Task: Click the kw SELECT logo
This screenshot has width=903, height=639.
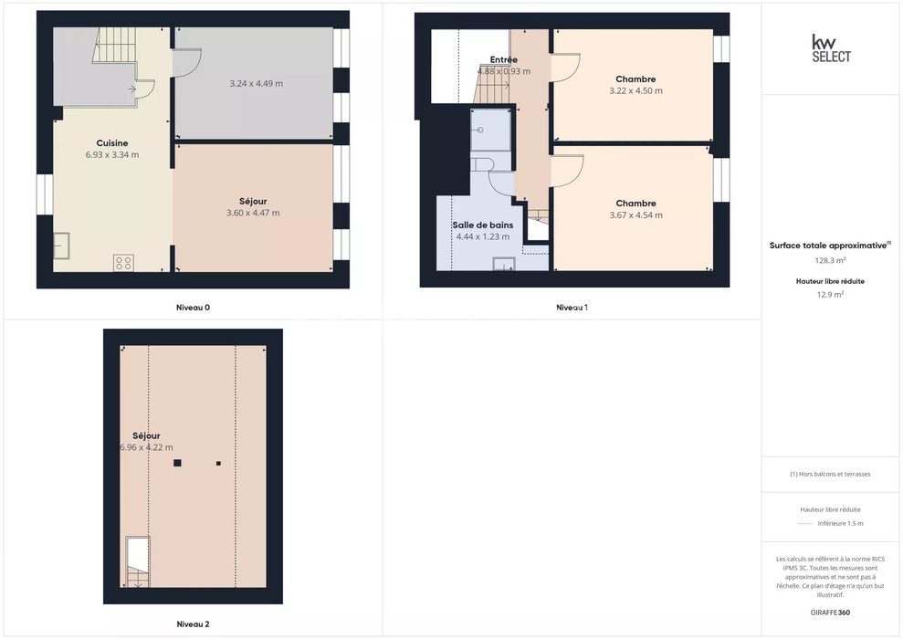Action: pos(831,48)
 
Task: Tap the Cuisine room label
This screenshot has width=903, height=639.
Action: pos(112,143)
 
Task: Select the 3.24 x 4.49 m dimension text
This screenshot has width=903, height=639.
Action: pos(257,83)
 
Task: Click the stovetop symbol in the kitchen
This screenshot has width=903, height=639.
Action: pos(123,263)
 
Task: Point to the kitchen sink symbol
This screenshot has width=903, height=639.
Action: pos(61,246)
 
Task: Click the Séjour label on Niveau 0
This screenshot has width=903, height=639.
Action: pos(253,202)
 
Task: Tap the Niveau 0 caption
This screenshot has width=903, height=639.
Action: pos(193,308)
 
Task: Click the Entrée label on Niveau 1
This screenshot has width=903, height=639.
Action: pos(504,60)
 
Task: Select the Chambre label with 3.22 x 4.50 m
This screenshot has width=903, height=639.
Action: pos(635,79)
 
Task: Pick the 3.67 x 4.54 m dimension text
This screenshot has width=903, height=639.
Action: pos(635,215)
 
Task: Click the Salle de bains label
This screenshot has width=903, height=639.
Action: pos(483,225)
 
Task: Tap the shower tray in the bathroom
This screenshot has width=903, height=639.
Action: pos(490,131)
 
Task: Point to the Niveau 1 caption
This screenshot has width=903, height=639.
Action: pos(572,308)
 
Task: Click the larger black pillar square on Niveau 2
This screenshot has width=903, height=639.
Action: pos(177,463)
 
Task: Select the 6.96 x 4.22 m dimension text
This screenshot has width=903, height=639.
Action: pos(146,447)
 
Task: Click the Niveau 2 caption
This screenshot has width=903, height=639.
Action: pos(193,624)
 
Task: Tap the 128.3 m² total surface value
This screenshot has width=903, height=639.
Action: pos(830,260)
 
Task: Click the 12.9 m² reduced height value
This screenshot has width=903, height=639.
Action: pos(830,294)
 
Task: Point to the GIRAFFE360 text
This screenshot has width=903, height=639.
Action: pos(830,613)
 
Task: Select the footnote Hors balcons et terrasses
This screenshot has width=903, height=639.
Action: pos(830,475)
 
